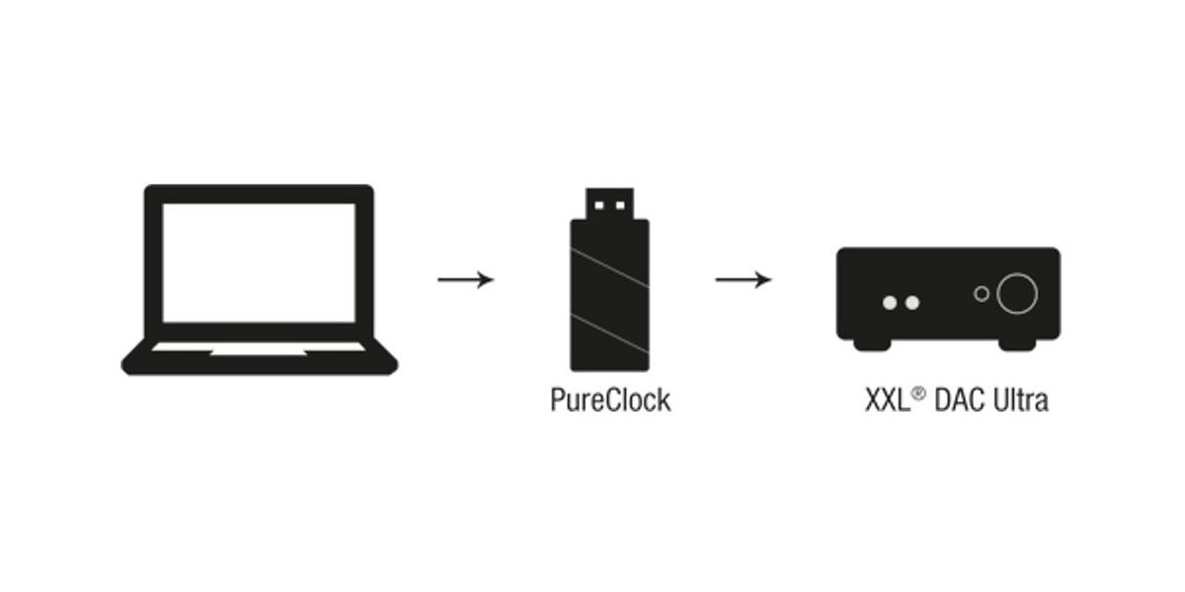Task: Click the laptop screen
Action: (x=259, y=262)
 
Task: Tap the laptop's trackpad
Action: (x=259, y=352)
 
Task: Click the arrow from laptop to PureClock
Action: (x=465, y=279)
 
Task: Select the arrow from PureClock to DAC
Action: (x=744, y=279)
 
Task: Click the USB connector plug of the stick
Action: (x=609, y=203)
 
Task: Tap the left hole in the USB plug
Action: (x=598, y=205)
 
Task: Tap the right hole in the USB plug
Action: (x=620, y=205)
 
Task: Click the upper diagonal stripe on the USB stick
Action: (x=609, y=267)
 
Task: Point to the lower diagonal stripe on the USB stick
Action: (x=609, y=333)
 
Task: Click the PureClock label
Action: (x=610, y=401)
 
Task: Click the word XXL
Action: (x=888, y=401)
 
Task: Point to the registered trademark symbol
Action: (x=919, y=394)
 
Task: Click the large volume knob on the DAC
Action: (x=1017, y=293)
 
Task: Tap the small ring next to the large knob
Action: (x=982, y=293)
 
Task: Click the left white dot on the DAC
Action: (x=890, y=303)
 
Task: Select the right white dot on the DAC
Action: (x=912, y=303)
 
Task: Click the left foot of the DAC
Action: (x=872, y=344)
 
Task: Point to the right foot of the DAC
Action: (x=1017, y=344)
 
